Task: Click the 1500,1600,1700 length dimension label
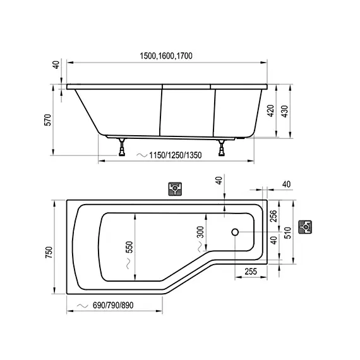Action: point(166,56)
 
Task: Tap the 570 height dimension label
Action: point(48,119)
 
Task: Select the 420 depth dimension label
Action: point(271,111)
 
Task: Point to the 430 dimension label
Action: point(284,111)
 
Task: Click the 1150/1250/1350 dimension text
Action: point(176,155)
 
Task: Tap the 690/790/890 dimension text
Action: point(113,305)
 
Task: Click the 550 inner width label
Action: point(129,247)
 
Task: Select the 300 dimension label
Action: point(200,232)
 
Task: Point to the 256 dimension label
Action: point(273,216)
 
